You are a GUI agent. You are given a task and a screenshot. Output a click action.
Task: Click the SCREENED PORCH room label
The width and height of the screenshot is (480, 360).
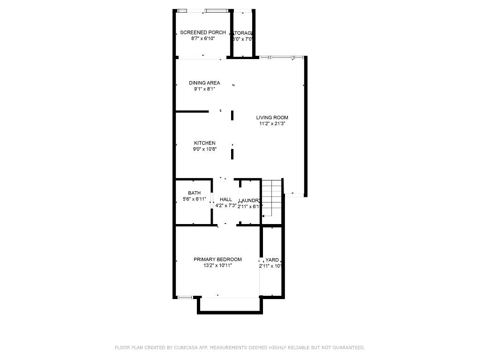[202, 32]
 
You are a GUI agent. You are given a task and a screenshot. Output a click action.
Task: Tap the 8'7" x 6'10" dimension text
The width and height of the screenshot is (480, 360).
[202, 38]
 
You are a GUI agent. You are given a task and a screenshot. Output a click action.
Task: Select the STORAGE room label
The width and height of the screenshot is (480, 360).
[243, 33]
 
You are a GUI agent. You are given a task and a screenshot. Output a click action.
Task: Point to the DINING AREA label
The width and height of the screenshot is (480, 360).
[204, 83]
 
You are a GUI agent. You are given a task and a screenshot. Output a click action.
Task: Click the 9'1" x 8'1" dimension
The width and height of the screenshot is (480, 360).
[204, 89]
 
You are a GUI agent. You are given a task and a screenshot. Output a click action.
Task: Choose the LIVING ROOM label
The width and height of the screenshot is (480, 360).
[272, 118]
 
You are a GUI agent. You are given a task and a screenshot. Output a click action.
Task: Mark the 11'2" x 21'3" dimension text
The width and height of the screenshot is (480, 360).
[272, 124]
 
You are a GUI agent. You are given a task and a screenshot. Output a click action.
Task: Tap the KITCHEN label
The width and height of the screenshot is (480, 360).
[205, 143]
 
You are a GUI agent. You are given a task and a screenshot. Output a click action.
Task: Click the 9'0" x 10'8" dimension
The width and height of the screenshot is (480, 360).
[205, 149]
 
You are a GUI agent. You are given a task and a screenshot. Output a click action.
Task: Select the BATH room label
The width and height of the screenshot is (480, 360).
[194, 193]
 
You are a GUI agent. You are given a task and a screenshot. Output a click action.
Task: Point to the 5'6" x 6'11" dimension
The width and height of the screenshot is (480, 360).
[194, 199]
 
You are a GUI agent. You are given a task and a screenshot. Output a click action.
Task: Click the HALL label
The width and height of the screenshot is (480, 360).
[226, 199]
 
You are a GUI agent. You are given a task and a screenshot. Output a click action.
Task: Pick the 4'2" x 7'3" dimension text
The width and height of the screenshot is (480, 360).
[226, 205]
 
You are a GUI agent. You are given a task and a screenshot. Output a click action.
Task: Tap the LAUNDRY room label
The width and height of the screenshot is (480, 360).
[249, 200]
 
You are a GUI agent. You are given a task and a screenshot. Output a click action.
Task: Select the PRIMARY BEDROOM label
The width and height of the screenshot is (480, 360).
[217, 259]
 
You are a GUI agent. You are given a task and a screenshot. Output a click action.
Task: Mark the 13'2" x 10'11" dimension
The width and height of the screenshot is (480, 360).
[217, 265]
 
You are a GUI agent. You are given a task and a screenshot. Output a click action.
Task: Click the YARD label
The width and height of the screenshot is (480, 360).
[272, 260]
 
